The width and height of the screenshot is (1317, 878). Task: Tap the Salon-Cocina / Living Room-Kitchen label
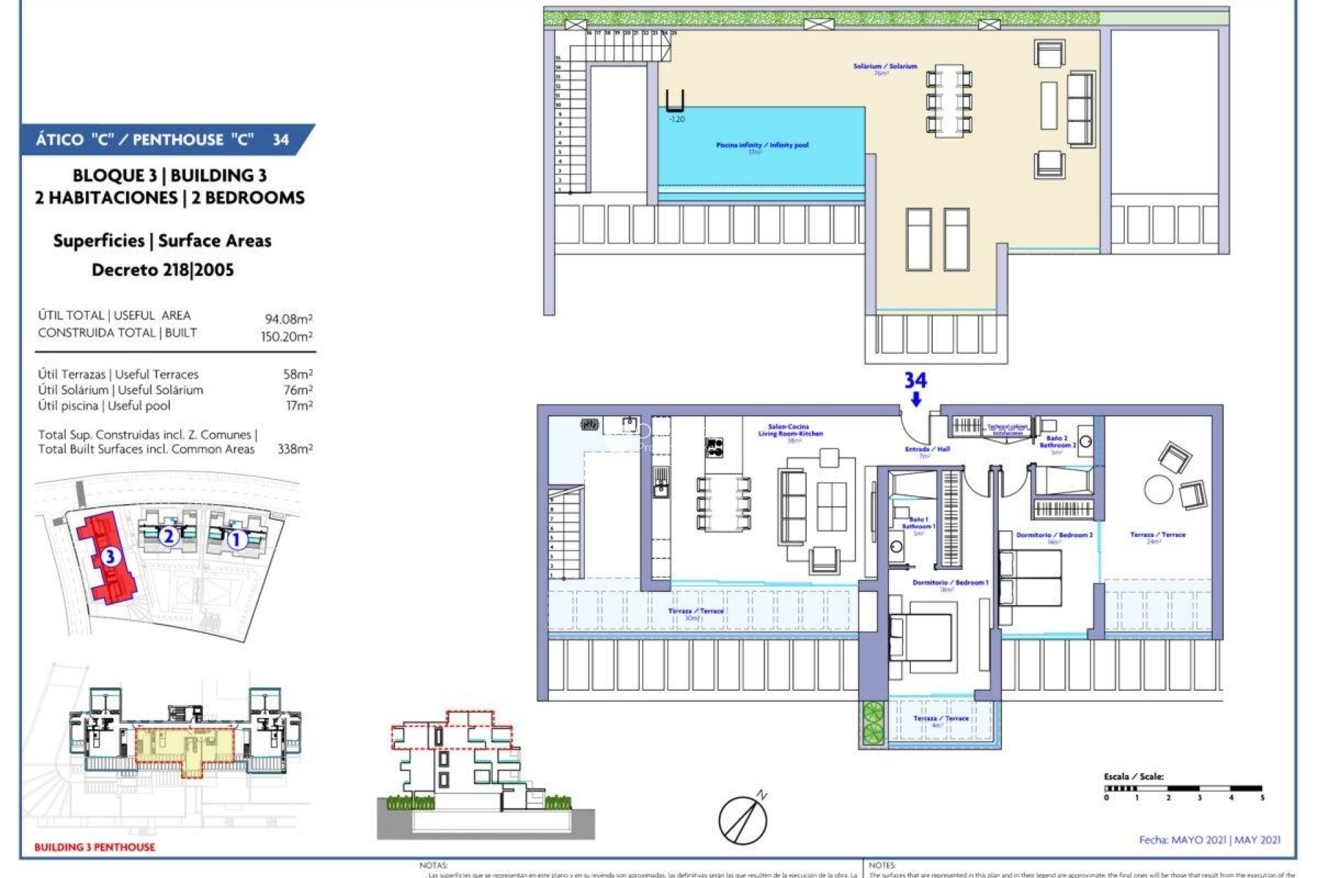[x=790, y=431]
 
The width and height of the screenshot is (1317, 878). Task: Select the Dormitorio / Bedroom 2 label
[x=1054, y=535]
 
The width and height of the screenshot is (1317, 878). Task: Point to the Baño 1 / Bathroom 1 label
[x=918, y=523]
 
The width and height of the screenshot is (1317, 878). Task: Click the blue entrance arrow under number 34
[x=916, y=399]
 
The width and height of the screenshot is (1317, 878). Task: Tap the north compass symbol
[x=744, y=819]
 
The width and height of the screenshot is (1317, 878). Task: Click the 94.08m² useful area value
[x=289, y=319]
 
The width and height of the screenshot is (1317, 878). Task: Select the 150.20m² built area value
[x=287, y=337]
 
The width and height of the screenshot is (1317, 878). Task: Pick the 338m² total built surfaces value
[x=295, y=449]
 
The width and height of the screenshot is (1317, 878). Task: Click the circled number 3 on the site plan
[x=110, y=556]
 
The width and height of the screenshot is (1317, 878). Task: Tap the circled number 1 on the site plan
[x=237, y=541]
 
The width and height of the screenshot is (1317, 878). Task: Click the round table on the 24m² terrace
[x=1159, y=490]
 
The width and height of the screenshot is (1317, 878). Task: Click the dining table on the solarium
[x=949, y=98]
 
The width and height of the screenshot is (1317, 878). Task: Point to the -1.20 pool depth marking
[x=676, y=119]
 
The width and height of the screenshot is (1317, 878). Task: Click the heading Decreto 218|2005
[x=163, y=270]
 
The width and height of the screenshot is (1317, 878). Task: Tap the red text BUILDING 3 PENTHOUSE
[x=95, y=847]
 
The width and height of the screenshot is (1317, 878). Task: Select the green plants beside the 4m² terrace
[x=873, y=722]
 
